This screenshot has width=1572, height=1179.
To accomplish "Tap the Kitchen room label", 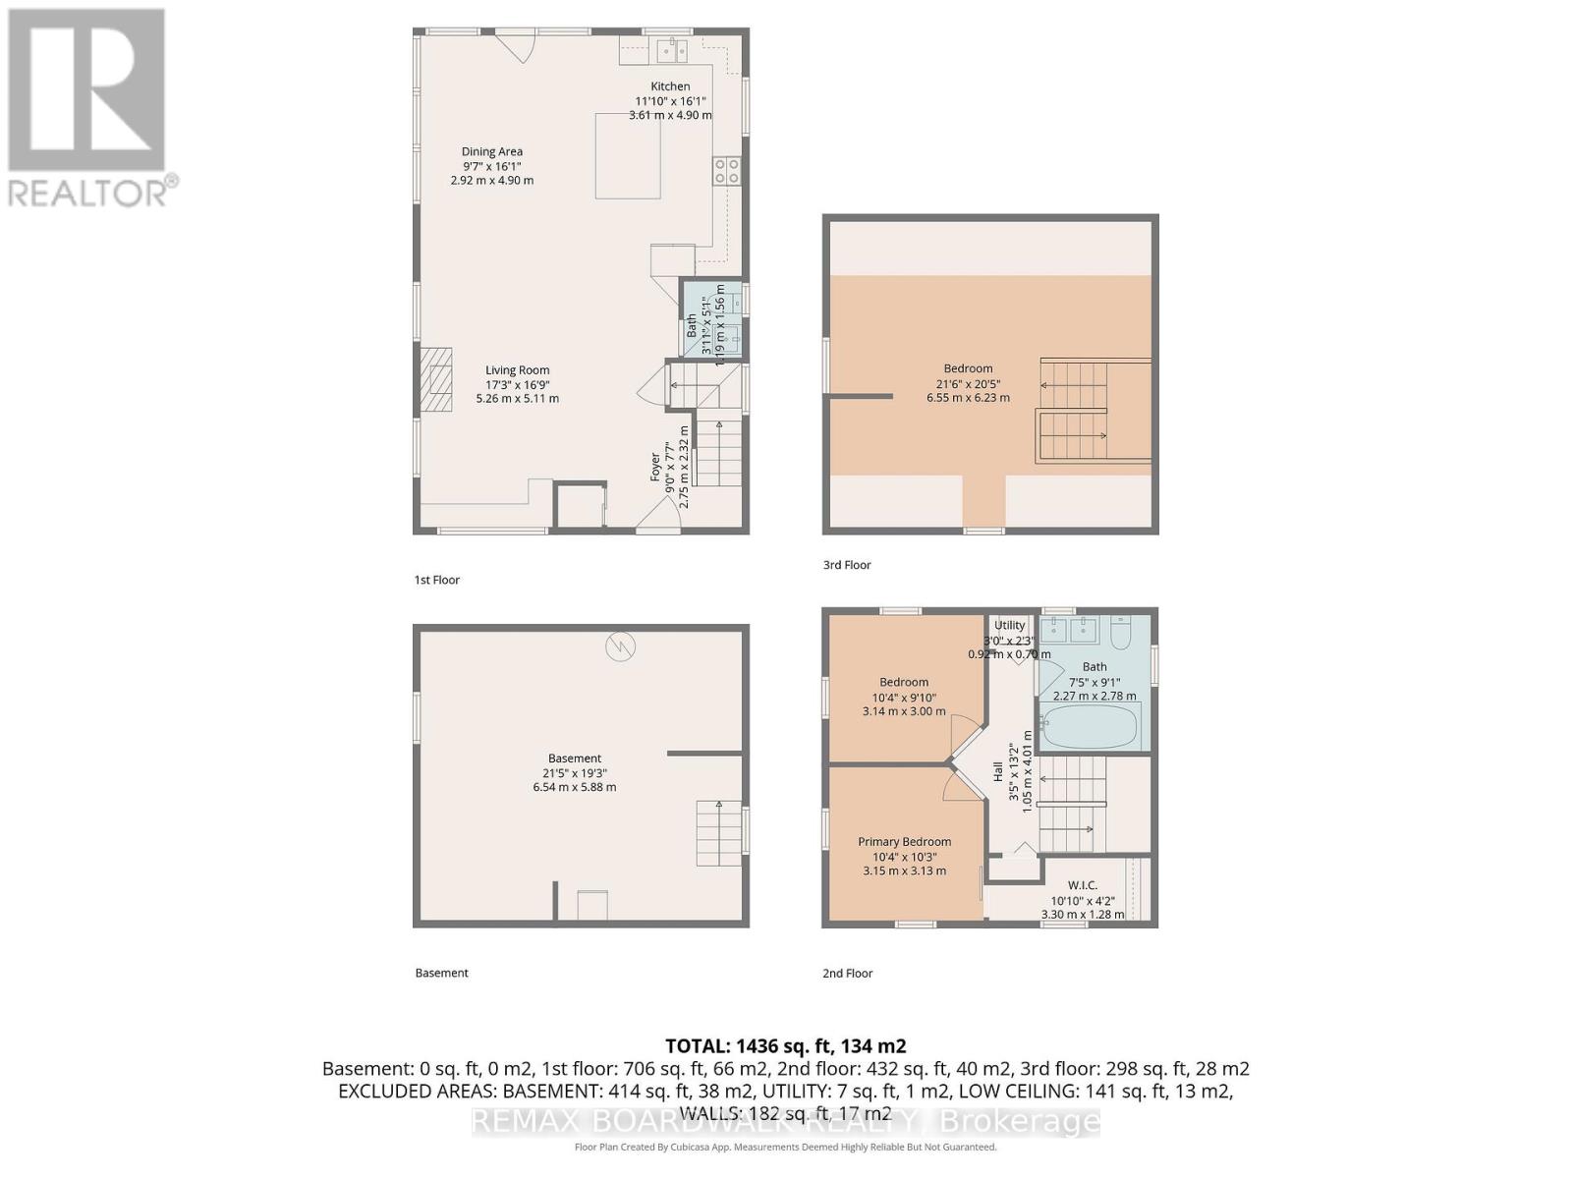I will coord(670,86).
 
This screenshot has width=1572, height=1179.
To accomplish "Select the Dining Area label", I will coord(492,151).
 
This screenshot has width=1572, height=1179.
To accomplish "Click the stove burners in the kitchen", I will coord(727,171).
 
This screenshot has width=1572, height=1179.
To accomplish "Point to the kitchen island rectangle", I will coord(628,155).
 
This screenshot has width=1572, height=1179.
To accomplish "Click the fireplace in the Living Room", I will coord(438,378).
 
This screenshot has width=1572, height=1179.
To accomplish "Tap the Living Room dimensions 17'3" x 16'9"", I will coord(517,384).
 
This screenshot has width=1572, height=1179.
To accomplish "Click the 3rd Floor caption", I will coord(847,565).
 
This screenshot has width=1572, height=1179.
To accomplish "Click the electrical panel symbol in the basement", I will coord(621,646).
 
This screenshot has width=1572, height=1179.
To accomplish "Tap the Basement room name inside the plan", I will coord(575,758).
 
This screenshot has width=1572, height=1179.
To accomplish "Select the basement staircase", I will coord(719,833).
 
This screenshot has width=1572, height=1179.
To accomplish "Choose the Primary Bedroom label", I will coord(904,842).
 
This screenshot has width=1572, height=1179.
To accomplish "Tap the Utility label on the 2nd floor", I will coord(1009,626).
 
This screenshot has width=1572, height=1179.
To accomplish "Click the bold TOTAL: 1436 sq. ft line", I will coord(785,1046).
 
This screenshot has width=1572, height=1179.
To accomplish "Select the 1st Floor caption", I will coord(436,580).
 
